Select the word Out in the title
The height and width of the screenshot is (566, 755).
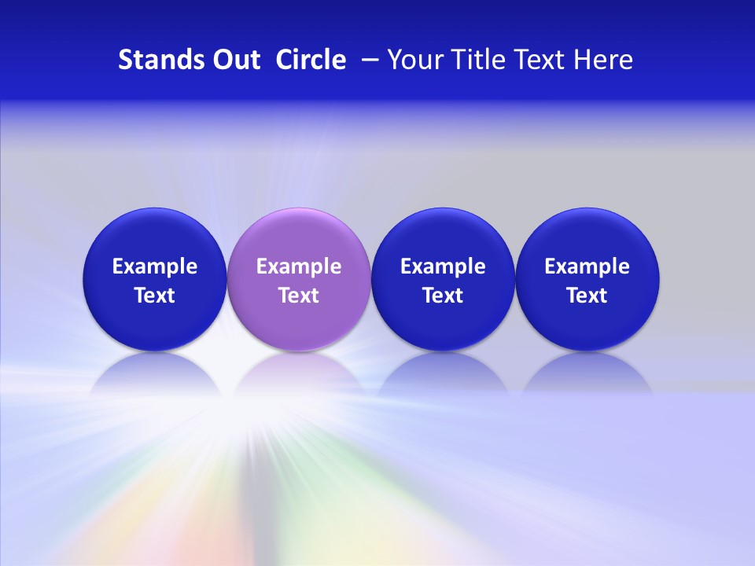point(234,60)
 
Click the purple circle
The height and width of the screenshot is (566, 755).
point(299,236)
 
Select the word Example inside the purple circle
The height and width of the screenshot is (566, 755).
point(299,266)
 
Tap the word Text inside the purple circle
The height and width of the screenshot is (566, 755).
point(299,296)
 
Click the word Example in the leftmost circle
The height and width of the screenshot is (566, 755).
point(154,266)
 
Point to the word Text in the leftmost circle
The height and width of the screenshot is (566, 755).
point(154,296)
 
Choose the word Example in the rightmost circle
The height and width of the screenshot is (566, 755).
point(587,266)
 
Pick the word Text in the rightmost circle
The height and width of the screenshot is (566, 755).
point(587,296)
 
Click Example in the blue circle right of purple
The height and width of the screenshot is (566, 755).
point(443,266)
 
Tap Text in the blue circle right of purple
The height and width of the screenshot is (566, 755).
point(443,296)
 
